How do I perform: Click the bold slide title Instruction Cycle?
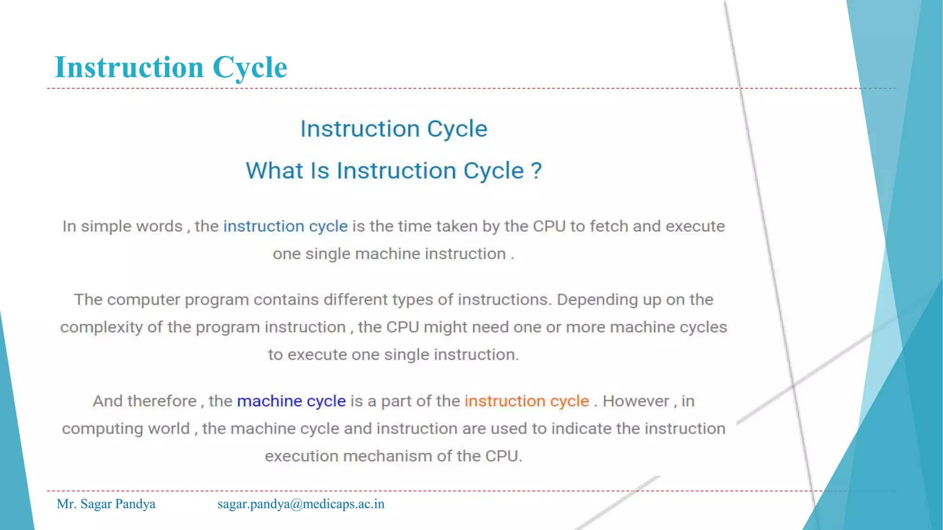pos(171,67)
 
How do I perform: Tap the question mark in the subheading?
pos(536,171)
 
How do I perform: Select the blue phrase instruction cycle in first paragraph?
pos(285,226)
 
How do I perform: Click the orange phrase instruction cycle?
pos(527,401)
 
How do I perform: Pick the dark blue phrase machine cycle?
pos(291,401)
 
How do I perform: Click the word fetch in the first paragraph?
pos(609,226)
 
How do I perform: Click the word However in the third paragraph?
pos(635,401)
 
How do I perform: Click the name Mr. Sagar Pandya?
pos(106,504)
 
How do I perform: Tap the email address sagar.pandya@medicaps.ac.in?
pos(301,504)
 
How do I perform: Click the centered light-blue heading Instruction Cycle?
pos(394,129)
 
